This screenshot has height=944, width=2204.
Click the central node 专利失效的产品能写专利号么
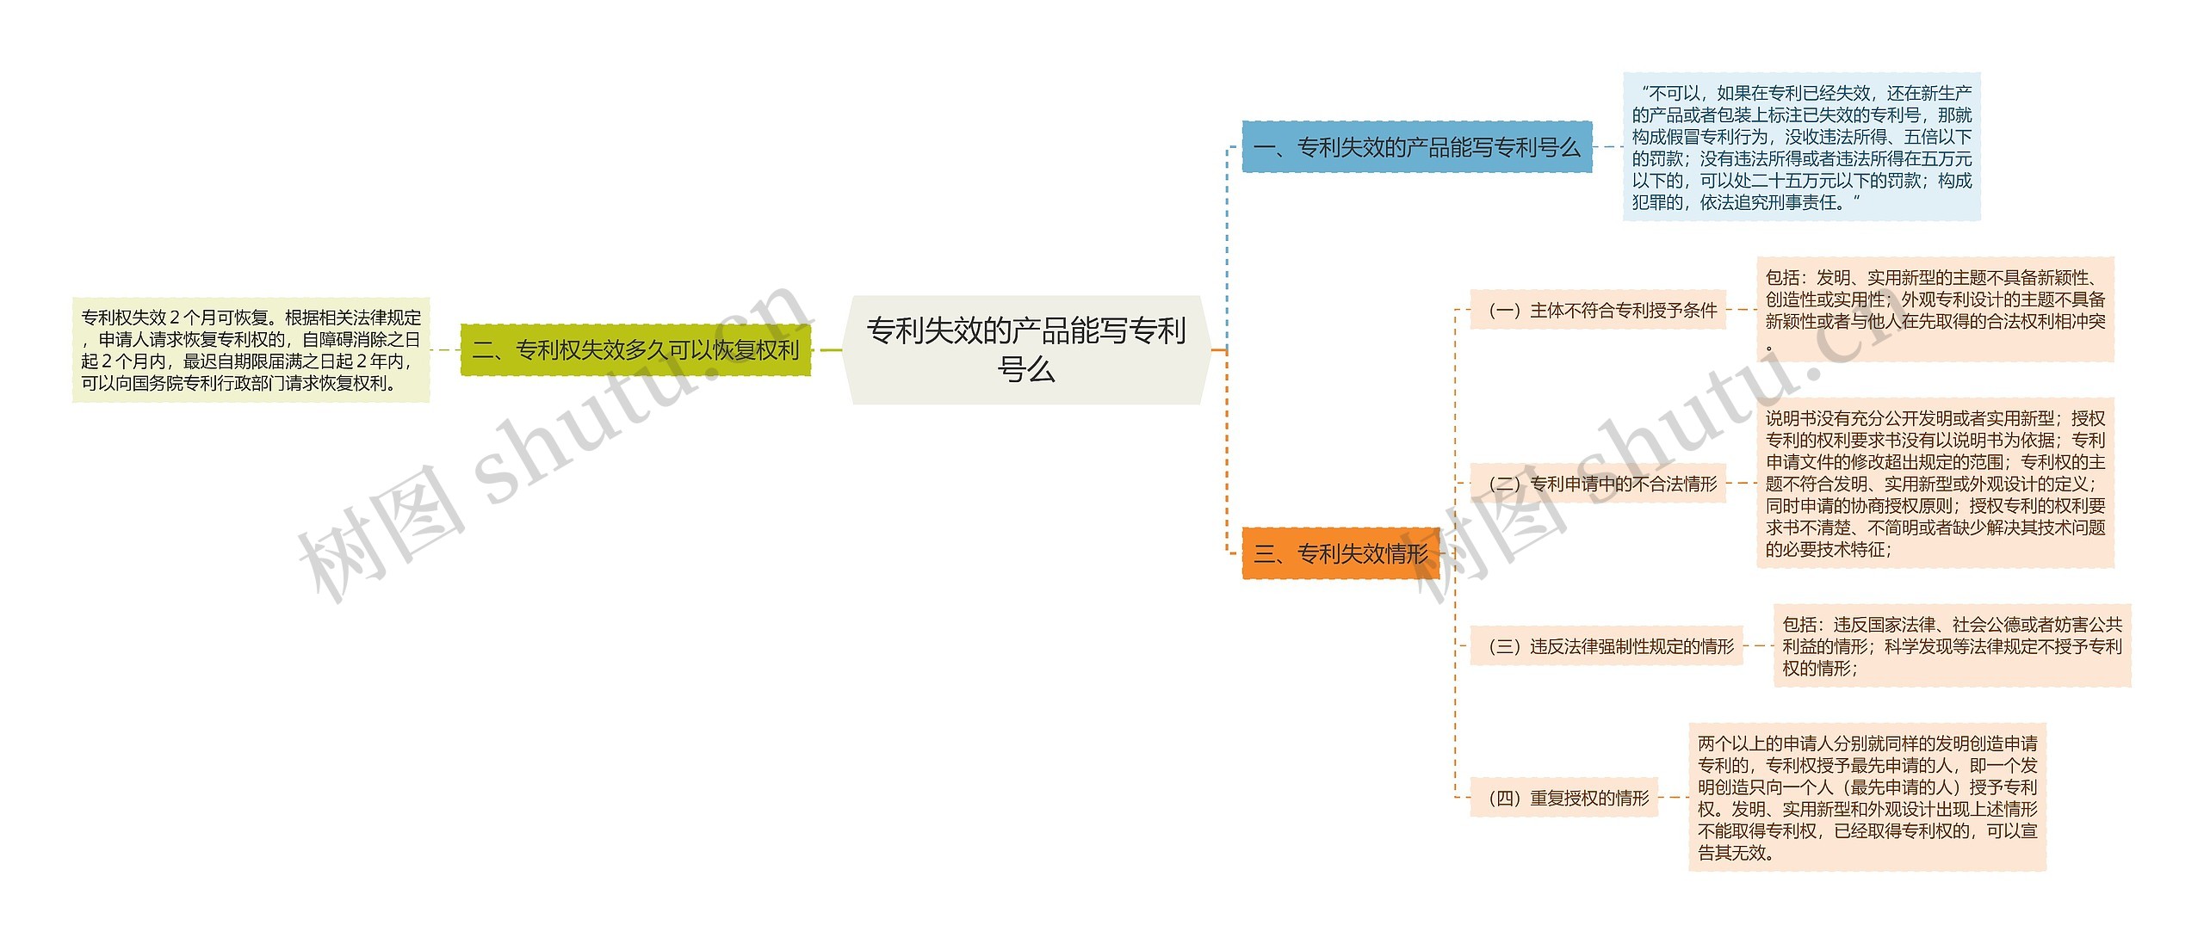1026,349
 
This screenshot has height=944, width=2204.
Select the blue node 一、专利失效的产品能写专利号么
1416,147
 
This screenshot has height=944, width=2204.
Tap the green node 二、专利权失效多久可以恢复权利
635,350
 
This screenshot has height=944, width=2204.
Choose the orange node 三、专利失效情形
1340,553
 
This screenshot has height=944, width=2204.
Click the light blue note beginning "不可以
1801,147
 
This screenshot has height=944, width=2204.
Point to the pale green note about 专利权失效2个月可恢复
251,350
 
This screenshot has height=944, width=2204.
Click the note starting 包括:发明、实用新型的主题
1935,310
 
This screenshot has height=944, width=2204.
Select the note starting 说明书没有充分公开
1935,483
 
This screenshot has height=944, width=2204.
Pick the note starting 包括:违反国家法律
1952,645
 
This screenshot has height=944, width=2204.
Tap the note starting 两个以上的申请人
1867,797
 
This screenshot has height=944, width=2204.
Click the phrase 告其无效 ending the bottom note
1734,853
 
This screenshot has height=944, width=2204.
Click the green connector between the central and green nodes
828,350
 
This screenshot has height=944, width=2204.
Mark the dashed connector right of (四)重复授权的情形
1673,798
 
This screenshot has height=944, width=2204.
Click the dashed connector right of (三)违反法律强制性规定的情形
1758,646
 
